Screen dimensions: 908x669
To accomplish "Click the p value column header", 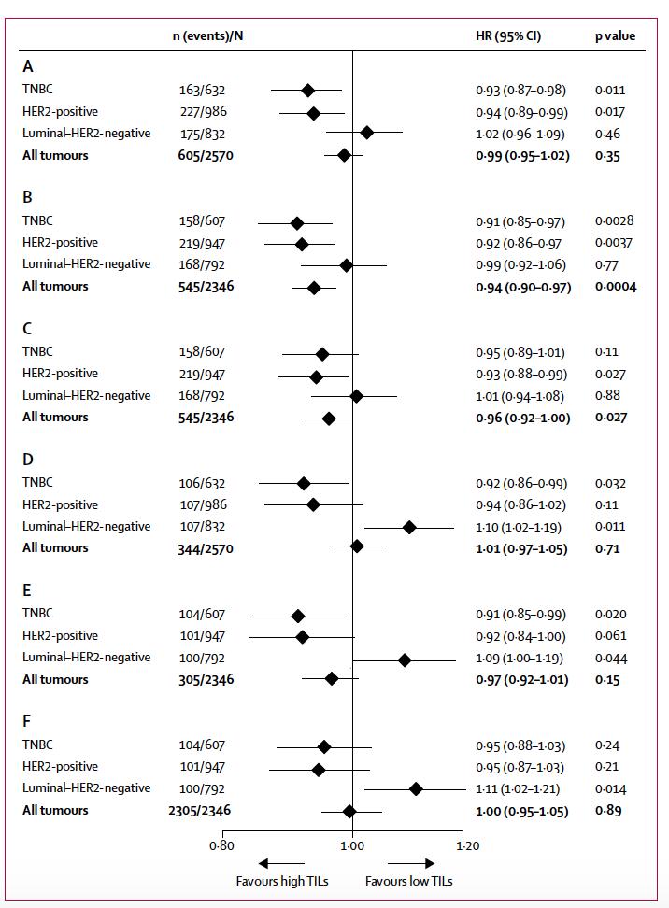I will pyautogui.click(x=615, y=36).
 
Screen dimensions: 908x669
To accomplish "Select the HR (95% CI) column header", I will pyautogui.click(x=508, y=36).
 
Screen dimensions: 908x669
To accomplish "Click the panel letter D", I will pyautogui.click(x=28, y=460).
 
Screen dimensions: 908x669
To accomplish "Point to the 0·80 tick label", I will pyautogui.click(x=222, y=845).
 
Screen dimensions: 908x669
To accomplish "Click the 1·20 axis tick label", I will pyautogui.click(x=465, y=845).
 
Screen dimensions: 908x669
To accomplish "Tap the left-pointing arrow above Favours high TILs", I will pyautogui.click(x=279, y=863).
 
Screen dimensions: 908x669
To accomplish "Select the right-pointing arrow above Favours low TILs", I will pyautogui.click(x=410, y=863).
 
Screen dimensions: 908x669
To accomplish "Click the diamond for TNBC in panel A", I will pyautogui.click(x=307, y=91).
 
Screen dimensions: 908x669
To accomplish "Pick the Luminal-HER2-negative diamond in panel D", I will pyautogui.click(x=409, y=527).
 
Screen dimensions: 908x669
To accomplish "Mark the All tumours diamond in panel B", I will pyautogui.click(x=314, y=287).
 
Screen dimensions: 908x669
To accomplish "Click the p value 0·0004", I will pyautogui.click(x=616, y=287).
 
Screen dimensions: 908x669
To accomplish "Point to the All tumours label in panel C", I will pyautogui.click(x=55, y=418).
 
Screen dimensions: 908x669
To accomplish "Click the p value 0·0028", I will pyautogui.click(x=614, y=221).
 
